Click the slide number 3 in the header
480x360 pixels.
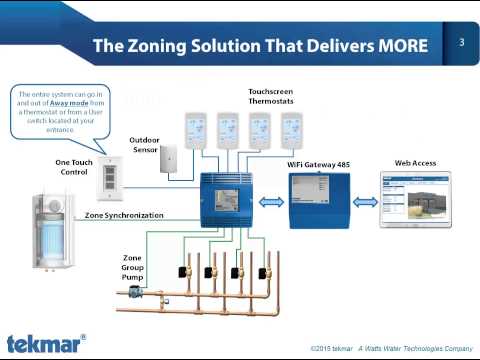pos(462,43)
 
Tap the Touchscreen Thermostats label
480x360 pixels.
pos(270,96)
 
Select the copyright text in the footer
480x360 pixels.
pos(390,348)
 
